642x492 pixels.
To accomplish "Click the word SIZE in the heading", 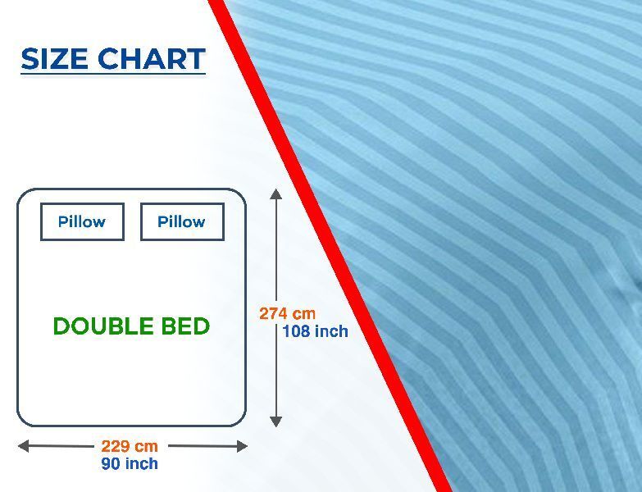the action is click(54, 58).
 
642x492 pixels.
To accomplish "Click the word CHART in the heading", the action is click(152, 58).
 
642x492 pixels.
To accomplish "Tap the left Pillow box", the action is click(82, 221).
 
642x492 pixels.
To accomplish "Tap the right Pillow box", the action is click(182, 221).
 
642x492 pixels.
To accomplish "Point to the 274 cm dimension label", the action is click(288, 313).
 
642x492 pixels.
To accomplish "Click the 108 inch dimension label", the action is click(316, 331).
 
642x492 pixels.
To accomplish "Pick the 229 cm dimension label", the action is click(130, 446).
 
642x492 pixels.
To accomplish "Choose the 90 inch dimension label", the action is click(130, 463).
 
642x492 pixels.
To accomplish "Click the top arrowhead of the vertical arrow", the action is click(276, 194).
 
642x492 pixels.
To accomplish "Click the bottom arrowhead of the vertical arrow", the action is click(276, 421).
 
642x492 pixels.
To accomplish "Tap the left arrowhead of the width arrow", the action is click(23, 446).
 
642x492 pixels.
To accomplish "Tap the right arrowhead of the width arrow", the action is click(243, 446).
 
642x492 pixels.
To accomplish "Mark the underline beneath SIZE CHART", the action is click(113, 74).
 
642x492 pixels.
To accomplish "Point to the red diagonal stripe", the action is click(330, 246).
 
